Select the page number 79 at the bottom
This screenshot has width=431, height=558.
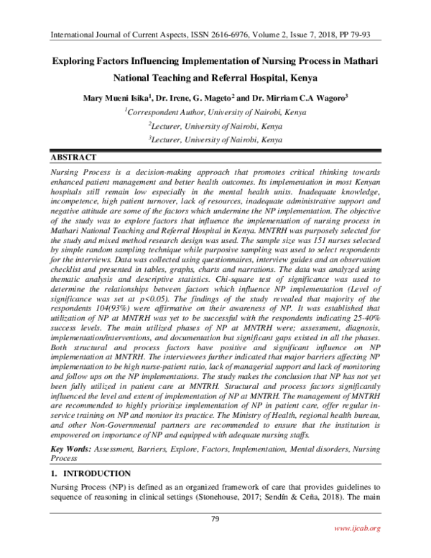(215, 520)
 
